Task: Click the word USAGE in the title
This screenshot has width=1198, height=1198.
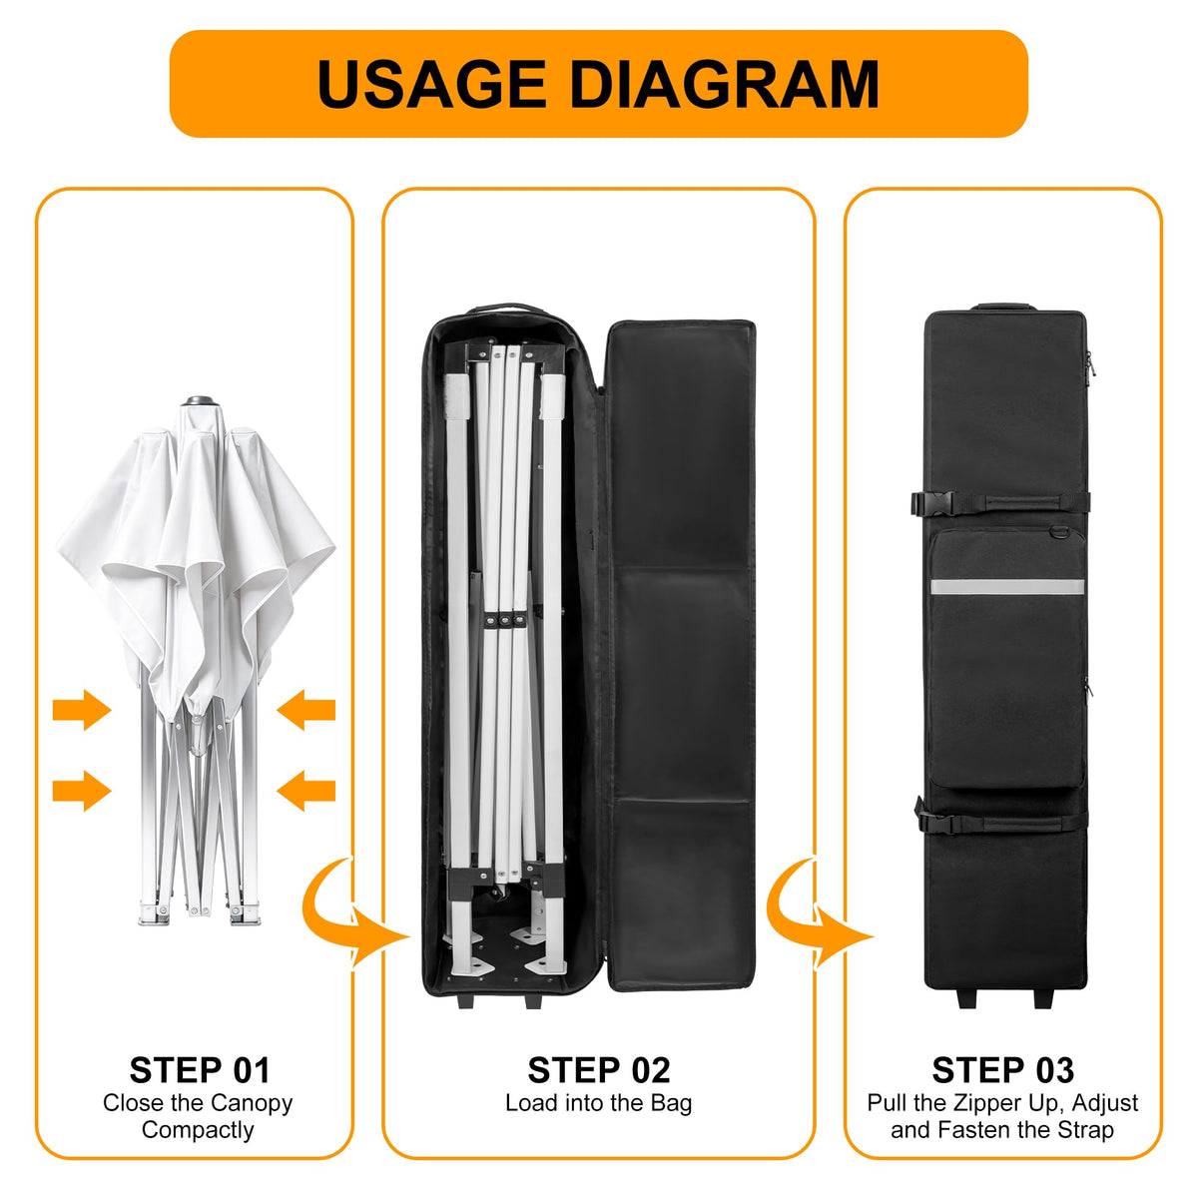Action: pos(432,84)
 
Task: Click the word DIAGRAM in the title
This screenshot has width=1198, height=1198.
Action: pos(724,84)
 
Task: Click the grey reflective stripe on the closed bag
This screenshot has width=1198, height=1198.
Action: pos(1007,586)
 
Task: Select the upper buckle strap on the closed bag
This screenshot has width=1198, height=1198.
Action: pos(999,502)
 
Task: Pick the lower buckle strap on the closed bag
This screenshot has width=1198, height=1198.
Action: pos(1001,823)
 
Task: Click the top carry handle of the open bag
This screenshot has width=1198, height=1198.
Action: pos(505,307)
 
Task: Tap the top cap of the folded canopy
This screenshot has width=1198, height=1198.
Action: pos(200,400)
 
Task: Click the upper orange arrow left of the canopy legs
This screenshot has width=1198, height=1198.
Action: pos(82,710)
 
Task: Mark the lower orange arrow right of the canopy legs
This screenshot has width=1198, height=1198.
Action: pos(305,791)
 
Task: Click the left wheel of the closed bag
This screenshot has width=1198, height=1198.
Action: pos(967,999)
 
